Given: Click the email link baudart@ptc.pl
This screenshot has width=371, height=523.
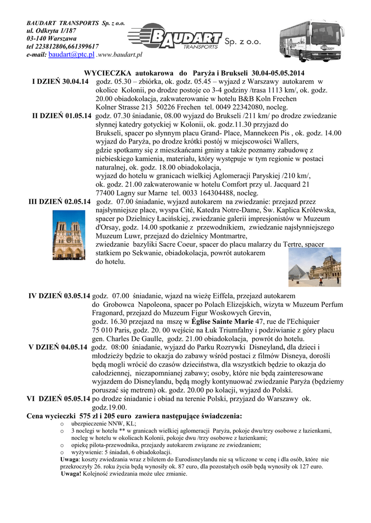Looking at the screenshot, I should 72,54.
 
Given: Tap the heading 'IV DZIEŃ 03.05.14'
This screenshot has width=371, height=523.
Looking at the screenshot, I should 59,296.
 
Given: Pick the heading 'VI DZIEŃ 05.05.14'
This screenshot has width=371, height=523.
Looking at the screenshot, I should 58,398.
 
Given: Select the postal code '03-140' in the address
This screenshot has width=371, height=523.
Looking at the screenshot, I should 37,38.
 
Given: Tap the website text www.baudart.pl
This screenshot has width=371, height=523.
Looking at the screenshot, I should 120,54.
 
